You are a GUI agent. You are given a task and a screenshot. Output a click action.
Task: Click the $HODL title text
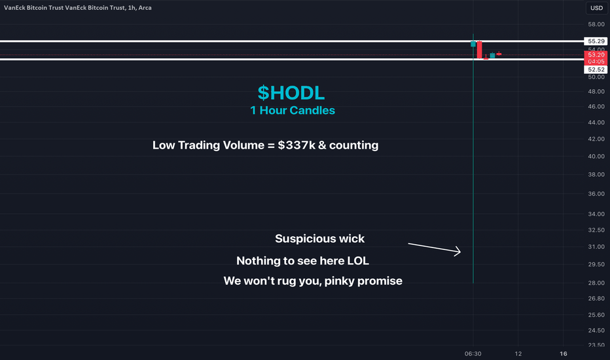tap(291, 93)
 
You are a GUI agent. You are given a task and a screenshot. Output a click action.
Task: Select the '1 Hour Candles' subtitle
tap(293, 111)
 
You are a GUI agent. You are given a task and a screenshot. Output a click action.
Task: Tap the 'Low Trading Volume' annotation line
tap(265, 145)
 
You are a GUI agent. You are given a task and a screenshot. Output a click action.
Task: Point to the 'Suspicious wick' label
tap(320, 238)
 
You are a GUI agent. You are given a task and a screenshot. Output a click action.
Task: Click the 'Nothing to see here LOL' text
tap(302, 261)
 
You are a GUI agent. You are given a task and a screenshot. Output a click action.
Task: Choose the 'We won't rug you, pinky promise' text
tap(313, 281)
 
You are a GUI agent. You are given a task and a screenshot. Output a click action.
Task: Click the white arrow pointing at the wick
tap(434, 248)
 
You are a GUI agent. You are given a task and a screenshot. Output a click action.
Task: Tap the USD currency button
tap(596, 8)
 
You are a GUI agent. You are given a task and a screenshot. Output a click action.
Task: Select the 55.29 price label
tap(596, 41)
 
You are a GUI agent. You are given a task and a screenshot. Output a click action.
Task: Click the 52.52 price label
tap(596, 69)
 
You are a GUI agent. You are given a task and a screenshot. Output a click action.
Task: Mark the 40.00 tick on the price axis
tap(596, 156)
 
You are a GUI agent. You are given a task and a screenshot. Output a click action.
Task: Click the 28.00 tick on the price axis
tap(596, 283)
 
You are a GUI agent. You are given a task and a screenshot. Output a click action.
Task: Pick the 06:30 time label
tap(473, 353)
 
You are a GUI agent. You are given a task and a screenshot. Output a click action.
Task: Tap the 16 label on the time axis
tap(564, 353)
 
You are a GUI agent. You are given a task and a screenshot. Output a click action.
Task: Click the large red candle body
tap(480, 50)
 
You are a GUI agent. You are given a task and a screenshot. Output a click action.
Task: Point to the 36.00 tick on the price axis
tap(596, 194)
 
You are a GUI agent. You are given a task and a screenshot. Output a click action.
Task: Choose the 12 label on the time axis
tap(518, 353)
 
